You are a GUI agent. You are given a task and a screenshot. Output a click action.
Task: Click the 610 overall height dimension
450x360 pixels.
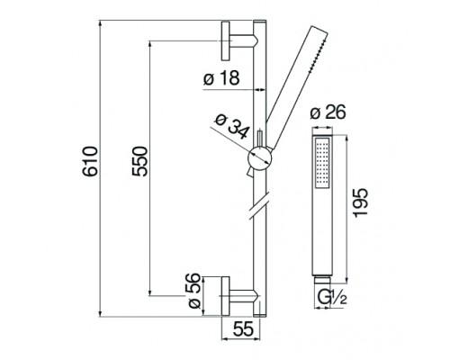point(90,161)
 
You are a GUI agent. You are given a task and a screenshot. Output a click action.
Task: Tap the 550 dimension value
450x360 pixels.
point(140,161)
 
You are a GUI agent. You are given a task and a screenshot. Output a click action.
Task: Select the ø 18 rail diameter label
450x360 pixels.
point(221,77)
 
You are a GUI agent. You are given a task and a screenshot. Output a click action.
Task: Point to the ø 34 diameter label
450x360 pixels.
point(232,127)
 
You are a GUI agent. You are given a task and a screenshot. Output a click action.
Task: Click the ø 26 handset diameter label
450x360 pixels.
point(328,112)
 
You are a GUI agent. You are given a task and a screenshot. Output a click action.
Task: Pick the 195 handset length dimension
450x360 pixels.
point(360,202)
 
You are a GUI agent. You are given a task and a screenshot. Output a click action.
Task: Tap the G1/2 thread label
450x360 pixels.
point(332,298)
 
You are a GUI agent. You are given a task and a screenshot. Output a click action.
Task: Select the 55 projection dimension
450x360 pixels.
point(243,329)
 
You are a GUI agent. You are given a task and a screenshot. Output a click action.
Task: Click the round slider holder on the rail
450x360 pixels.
point(260,159)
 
